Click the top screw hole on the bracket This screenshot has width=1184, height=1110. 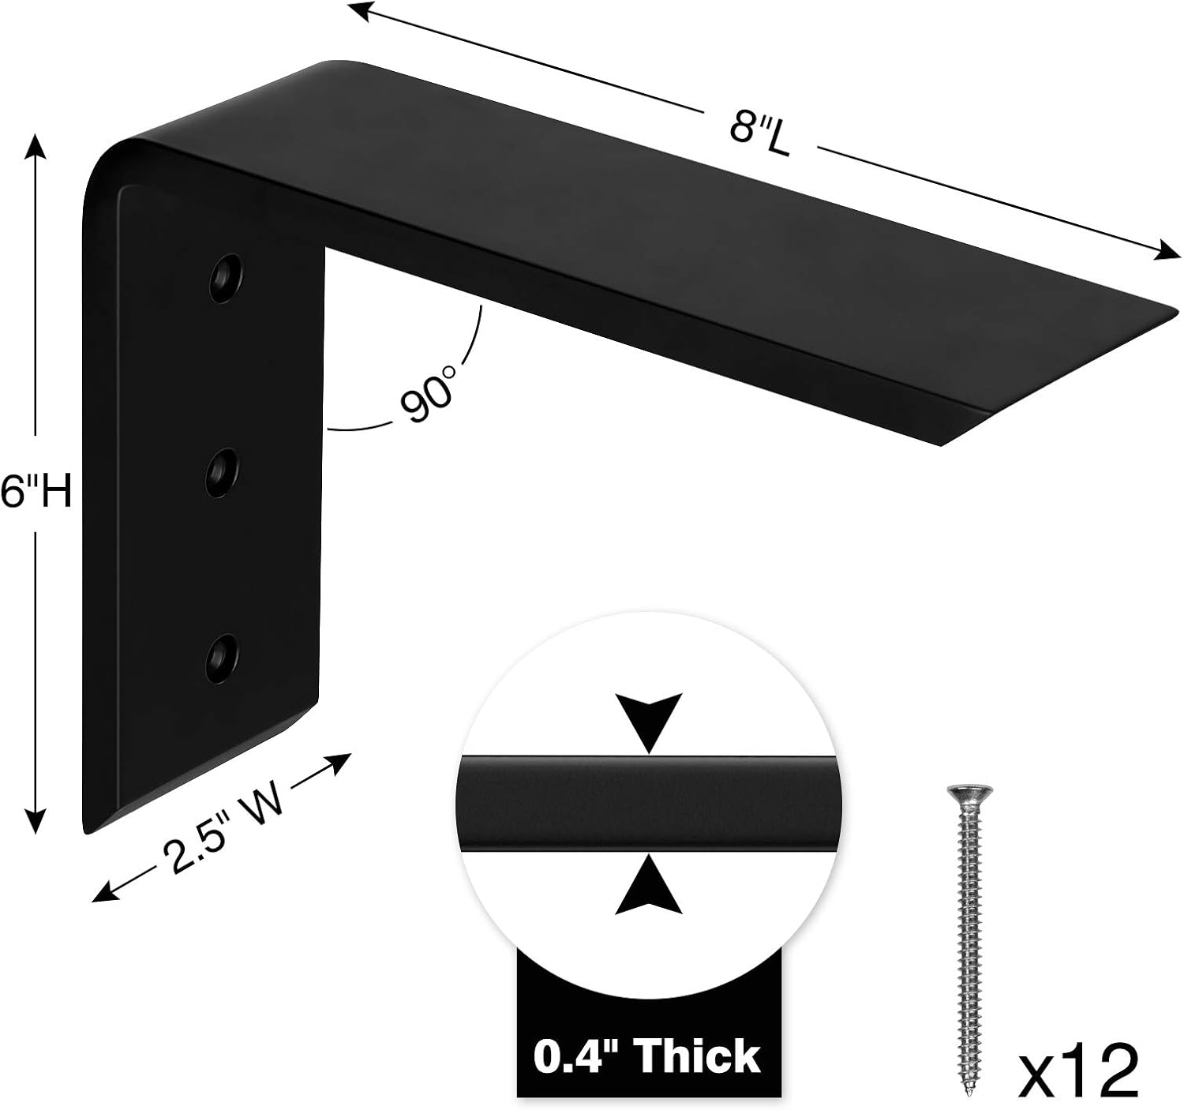pyautogui.click(x=225, y=277)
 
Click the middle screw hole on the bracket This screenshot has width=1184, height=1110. pyautogui.click(x=223, y=473)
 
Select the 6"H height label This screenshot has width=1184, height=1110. pyautogui.click(x=36, y=493)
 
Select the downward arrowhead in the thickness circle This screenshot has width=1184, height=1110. pyautogui.click(x=649, y=721)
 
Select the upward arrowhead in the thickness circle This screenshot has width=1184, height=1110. pyautogui.click(x=649, y=888)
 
